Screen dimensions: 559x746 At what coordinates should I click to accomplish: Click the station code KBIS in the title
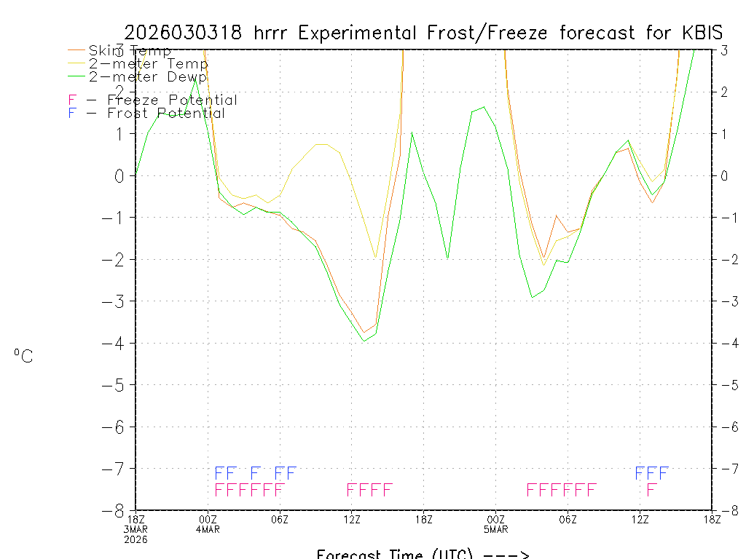coord(703,33)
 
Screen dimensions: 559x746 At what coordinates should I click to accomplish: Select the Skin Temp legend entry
coord(130,51)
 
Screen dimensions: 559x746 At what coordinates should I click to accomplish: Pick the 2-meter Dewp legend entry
coord(147,76)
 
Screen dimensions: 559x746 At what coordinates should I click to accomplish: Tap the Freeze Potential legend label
coord(172,100)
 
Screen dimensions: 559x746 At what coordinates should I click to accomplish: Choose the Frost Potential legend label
coord(166,113)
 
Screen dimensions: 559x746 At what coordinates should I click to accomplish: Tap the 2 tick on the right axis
coord(724,92)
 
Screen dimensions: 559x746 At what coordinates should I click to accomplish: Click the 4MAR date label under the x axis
coord(208,529)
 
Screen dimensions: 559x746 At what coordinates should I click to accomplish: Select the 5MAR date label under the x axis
coord(496,529)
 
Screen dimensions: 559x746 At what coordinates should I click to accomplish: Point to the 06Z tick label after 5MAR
coord(568,519)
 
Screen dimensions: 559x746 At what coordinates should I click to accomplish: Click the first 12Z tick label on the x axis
coord(352,519)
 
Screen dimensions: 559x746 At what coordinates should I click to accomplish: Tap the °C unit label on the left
coord(23,357)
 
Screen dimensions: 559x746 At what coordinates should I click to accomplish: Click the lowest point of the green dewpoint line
coord(364,341)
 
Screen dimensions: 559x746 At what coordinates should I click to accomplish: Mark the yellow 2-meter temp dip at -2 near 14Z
coord(375,258)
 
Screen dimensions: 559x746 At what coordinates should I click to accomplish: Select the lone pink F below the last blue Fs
coord(651,489)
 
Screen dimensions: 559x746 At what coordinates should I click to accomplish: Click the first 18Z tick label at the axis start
coord(136,519)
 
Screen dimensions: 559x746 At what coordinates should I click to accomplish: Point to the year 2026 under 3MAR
coord(136,539)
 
